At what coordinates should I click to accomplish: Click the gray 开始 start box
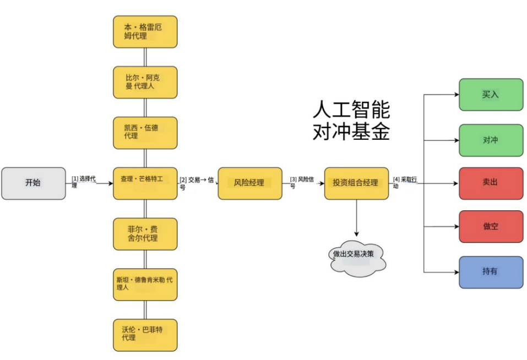pos(33,183)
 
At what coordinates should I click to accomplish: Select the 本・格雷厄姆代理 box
pos(145,32)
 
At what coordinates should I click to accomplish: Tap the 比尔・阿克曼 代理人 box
pos(145,82)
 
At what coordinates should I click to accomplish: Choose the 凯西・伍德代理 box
pos(145,133)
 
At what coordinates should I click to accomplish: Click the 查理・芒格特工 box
pos(145,183)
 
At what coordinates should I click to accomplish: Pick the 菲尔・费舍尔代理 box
pos(145,234)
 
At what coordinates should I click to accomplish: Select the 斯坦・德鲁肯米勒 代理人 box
pos(145,284)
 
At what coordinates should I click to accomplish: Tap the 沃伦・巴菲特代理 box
pos(145,335)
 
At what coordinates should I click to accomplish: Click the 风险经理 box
pos(249,183)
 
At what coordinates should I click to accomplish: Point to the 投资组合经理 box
pos(356,183)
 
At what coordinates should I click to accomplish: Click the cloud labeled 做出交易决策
pos(356,255)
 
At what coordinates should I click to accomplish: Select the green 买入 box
pos(491,95)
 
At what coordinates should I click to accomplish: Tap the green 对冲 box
pos(491,140)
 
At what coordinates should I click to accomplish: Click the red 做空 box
pos(491,226)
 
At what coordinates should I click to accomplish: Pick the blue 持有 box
pos(491,272)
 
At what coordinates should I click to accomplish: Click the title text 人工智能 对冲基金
pos(351,121)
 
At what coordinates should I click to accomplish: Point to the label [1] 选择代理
pos(83,182)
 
